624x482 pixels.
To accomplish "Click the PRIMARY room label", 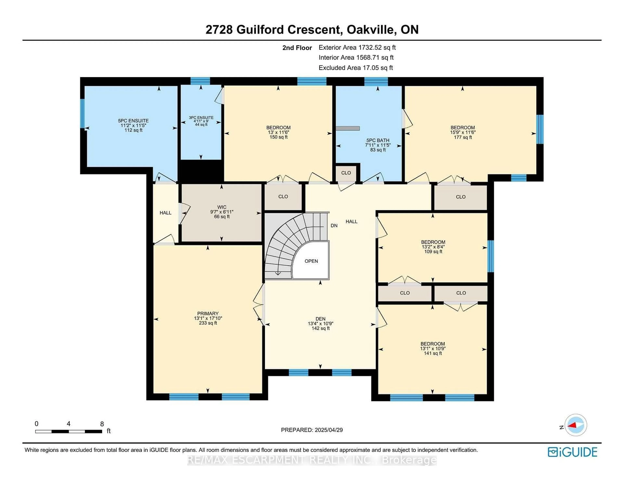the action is pyautogui.click(x=208, y=313).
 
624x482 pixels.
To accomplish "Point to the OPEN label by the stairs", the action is pyautogui.click(x=311, y=261).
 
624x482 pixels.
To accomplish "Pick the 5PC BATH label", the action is pyautogui.click(x=378, y=140).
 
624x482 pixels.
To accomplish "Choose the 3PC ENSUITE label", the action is pyautogui.click(x=201, y=118).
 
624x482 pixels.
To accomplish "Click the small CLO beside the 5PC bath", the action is pyautogui.click(x=346, y=173).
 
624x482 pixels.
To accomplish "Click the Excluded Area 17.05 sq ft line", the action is pyautogui.click(x=356, y=68).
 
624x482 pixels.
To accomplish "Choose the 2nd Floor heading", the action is pyautogui.click(x=297, y=48).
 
